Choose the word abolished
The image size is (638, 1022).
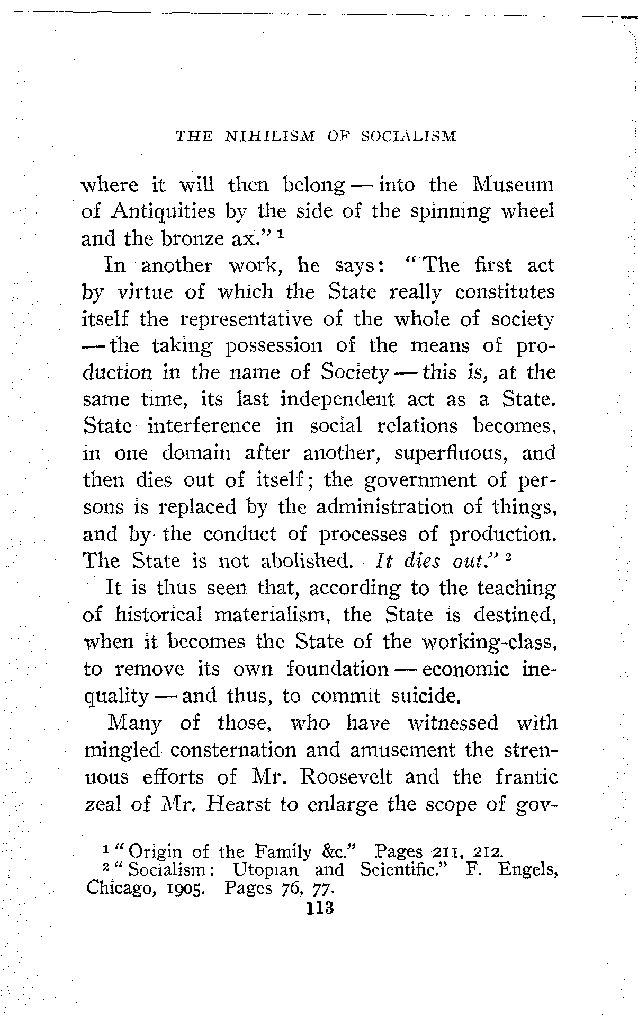307,561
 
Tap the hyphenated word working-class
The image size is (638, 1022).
492,642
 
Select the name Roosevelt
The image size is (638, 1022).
346,777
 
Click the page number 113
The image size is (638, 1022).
319,908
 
